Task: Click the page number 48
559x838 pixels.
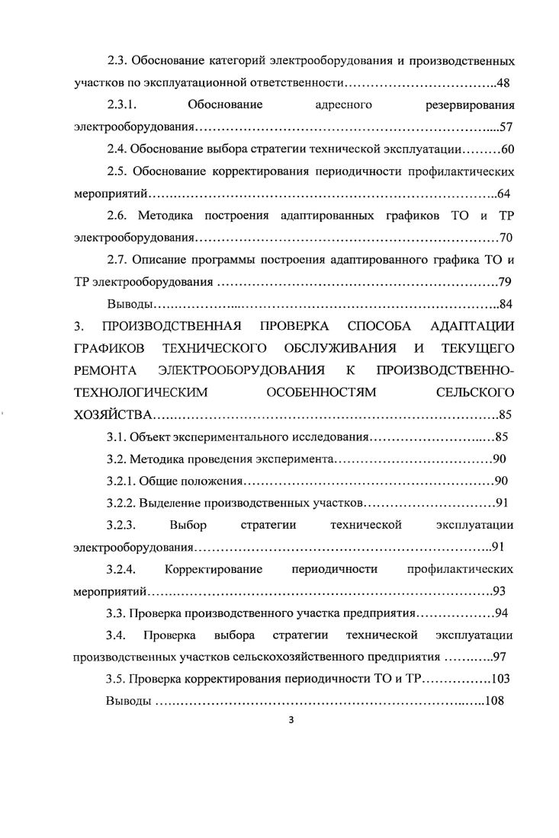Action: [505, 82]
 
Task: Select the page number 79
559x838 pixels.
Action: [505, 282]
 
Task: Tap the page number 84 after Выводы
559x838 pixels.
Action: [505, 305]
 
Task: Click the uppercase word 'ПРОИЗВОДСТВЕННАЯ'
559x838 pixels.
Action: [167, 327]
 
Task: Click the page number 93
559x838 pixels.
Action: [502, 591]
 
